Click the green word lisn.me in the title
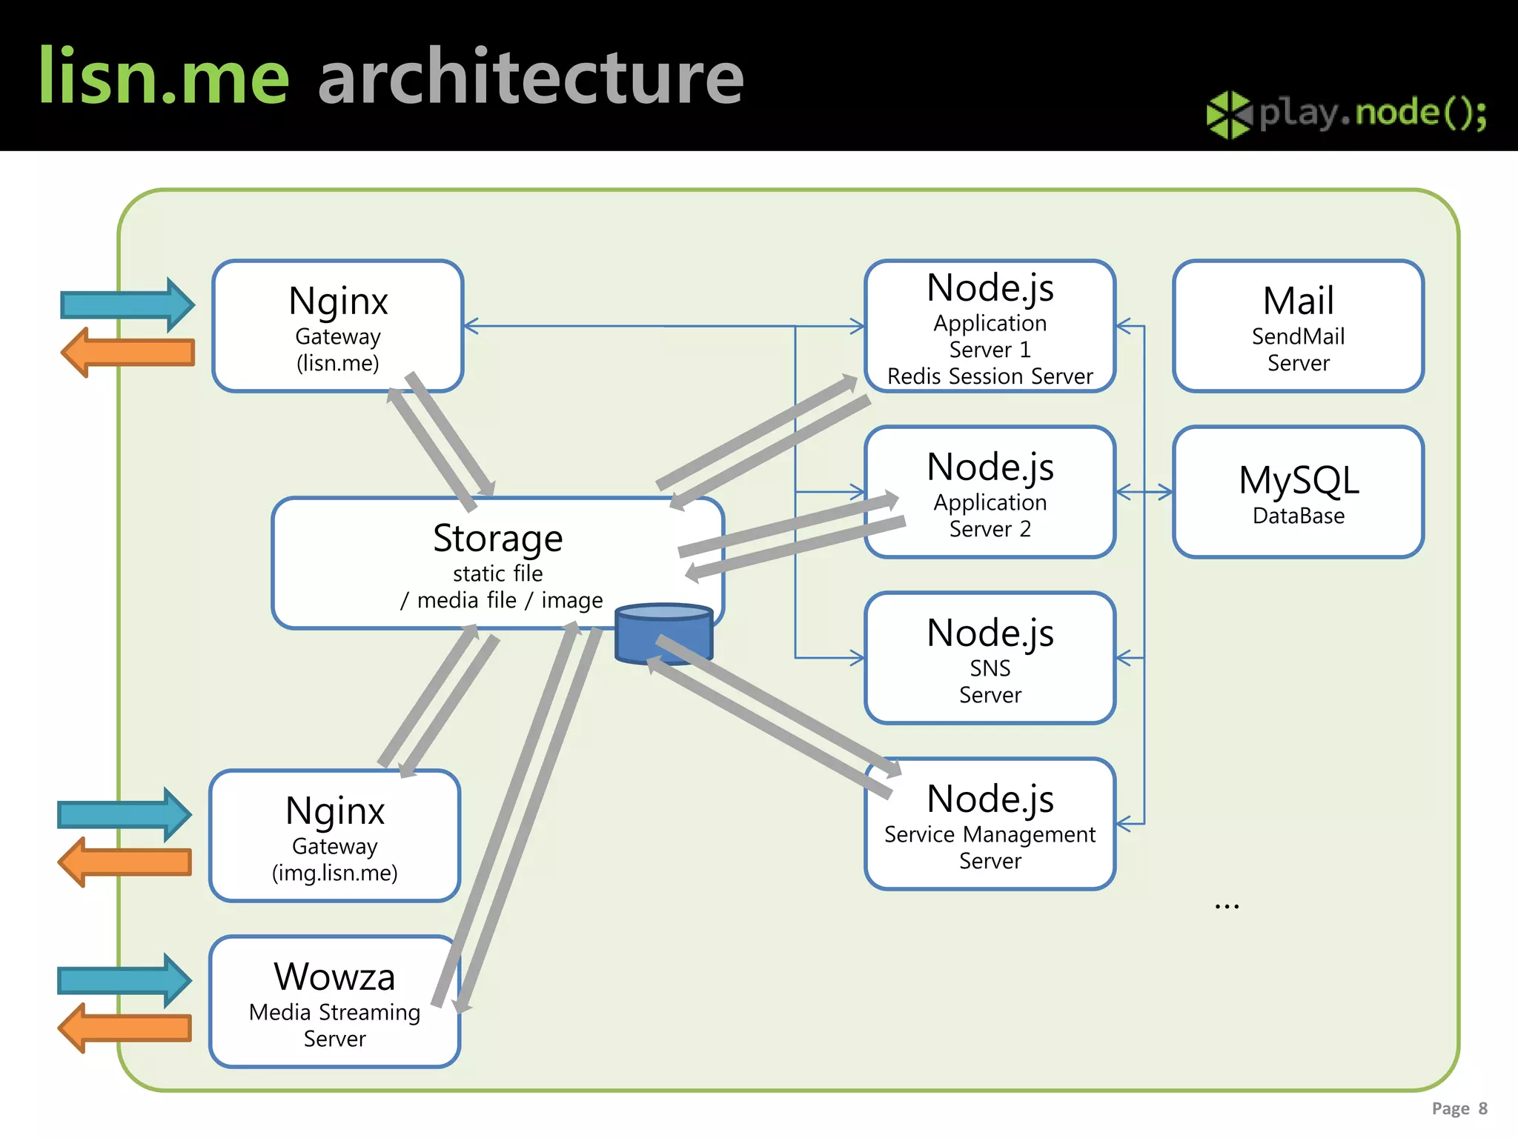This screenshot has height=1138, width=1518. [x=163, y=76]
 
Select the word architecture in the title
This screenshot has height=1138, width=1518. [x=531, y=76]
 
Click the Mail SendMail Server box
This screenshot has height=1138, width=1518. [x=1298, y=326]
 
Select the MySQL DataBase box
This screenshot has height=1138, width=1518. [x=1298, y=492]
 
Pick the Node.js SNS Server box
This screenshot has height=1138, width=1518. [x=990, y=658]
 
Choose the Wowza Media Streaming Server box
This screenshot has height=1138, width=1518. [x=334, y=1002]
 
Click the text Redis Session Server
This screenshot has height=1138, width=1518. [x=990, y=376]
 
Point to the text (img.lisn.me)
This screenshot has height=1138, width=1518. [x=334, y=873]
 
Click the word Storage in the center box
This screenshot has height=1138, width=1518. [x=497, y=538]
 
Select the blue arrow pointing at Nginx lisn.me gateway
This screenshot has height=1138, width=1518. [x=127, y=305]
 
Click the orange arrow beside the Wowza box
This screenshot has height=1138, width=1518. [x=125, y=1028]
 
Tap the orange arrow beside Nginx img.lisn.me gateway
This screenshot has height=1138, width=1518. [x=125, y=862]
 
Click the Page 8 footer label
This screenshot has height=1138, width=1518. [x=1459, y=1108]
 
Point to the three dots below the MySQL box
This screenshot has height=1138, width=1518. [x=1227, y=906]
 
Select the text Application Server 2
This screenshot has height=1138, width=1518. [x=990, y=516]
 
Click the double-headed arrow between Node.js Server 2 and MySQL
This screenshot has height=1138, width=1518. [x=1144, y=492]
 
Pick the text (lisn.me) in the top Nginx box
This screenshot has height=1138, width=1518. [x=337, y=363]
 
